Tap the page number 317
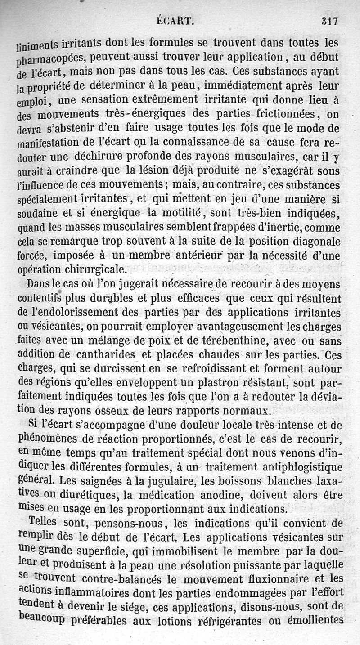[x=330, y=20]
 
